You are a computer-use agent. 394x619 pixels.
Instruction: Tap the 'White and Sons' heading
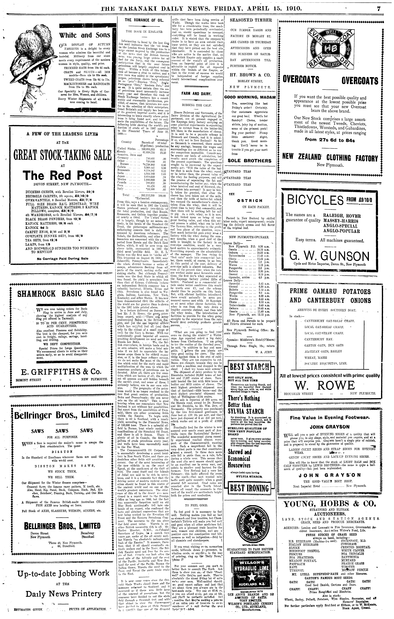pyautogui.click(x=85, y=35)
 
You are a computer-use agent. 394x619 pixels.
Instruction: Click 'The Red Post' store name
pyautogui.click(x=62, y=176)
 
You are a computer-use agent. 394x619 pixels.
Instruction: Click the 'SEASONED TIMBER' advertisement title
pyautogui.click(x=251, y=20)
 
